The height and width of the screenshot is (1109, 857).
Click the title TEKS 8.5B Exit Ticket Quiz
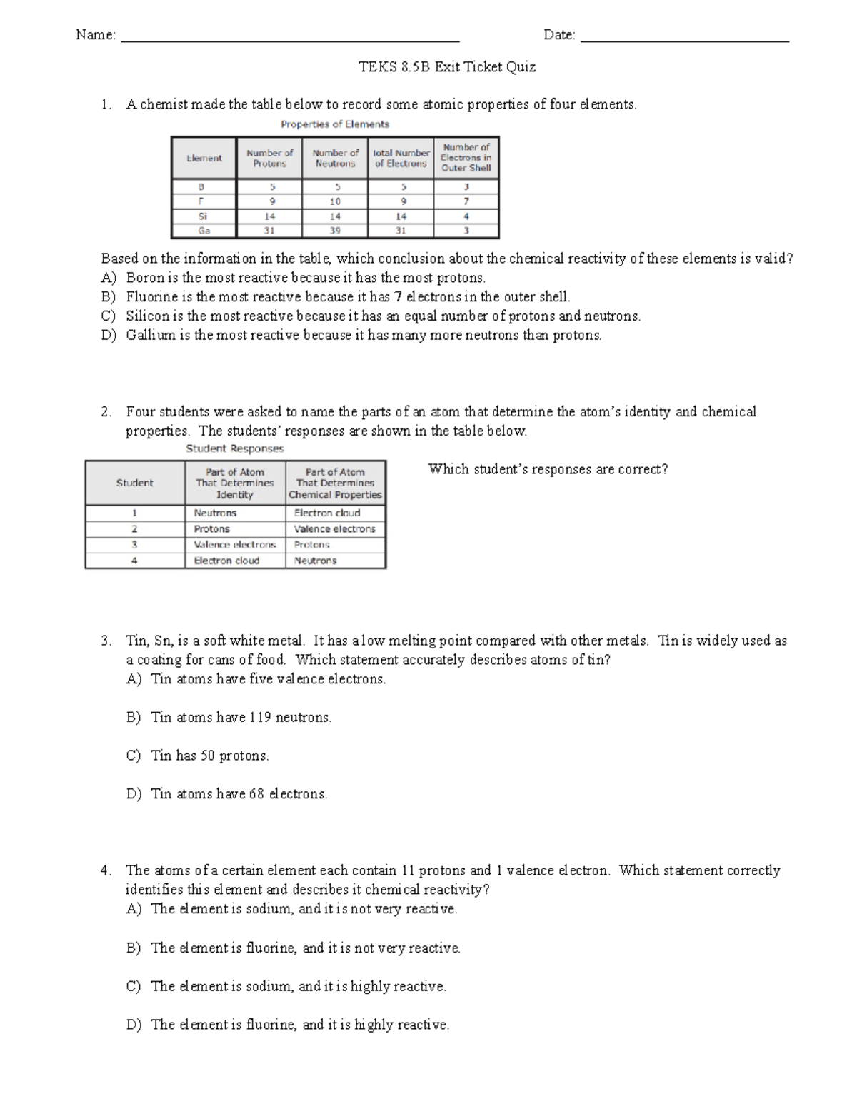click(x=446, y=68)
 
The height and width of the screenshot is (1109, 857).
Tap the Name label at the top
click(x=95, y=35)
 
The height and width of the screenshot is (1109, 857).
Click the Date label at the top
click(x=559, y=35)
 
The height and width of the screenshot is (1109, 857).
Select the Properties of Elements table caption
click(x=334, y=124)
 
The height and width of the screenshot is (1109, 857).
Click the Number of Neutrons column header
click(x=335, y=158)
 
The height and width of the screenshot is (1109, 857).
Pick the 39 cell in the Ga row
click(x=335, y=231)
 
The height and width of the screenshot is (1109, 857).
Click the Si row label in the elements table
click(x=204, y=216)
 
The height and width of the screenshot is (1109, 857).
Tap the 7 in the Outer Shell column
click(x=466, y=201)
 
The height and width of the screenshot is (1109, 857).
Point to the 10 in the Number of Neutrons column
click(x=335, y=201)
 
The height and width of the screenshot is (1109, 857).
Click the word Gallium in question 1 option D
click(x=150, y=336)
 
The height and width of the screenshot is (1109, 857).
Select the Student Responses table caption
click(x=234, y=449)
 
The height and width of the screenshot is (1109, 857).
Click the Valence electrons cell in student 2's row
click(x=334, y=529)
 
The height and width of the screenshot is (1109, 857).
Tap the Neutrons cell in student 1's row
click(x=215, y=513)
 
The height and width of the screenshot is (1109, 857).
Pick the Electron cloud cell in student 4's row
click(x=226, y=561)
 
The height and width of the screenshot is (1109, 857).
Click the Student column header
click(x=134, y=483)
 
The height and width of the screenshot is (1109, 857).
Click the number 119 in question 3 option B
click(x=260, y=718)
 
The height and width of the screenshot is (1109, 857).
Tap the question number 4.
click(x=106, y=870)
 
